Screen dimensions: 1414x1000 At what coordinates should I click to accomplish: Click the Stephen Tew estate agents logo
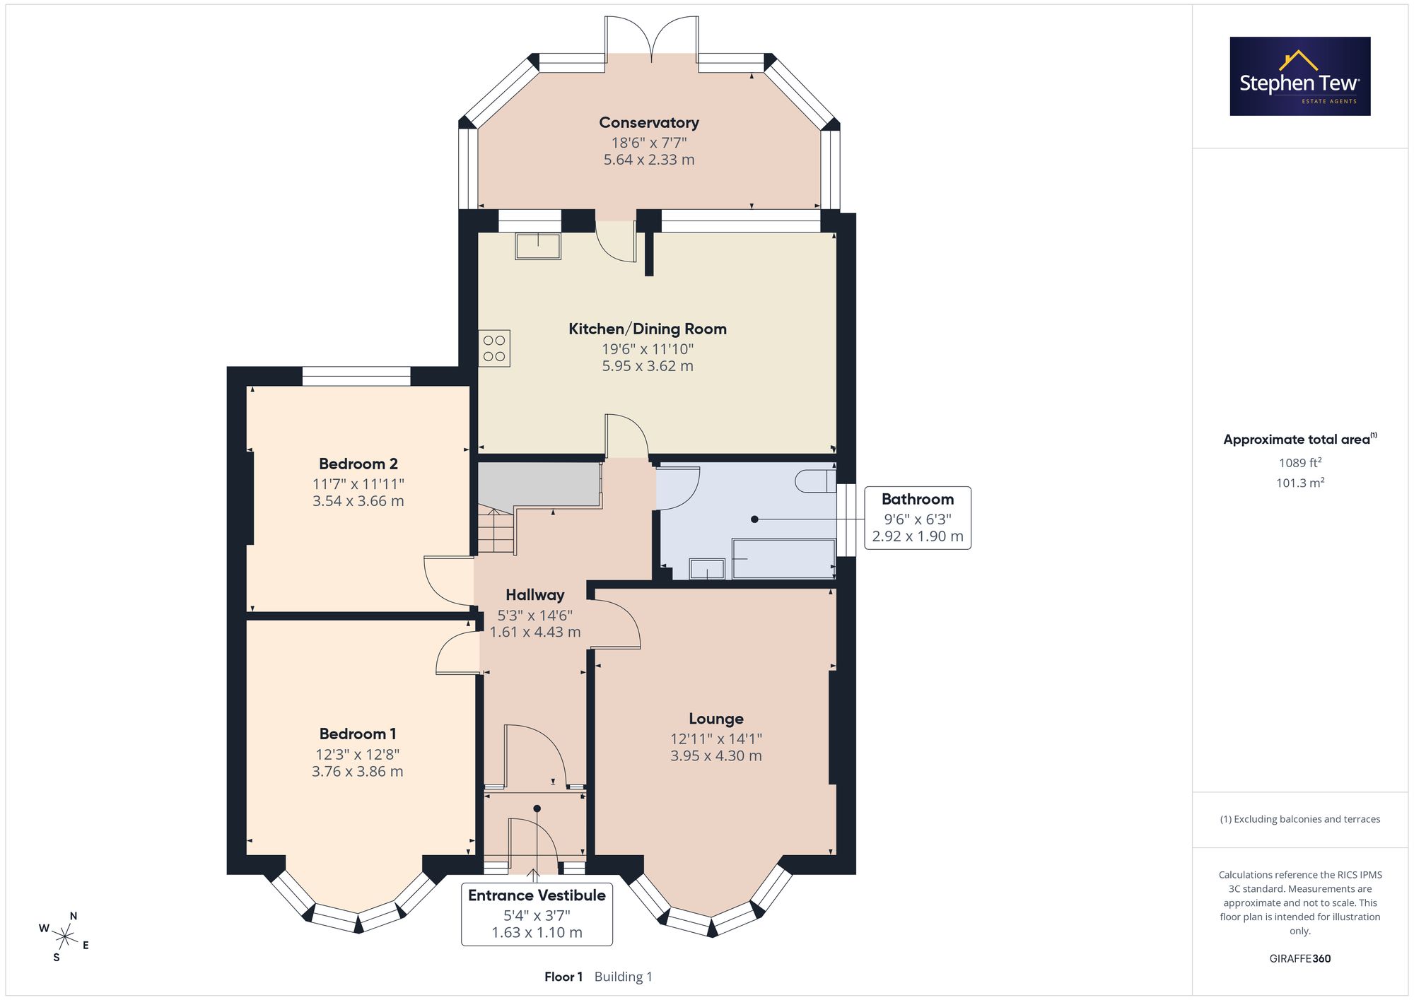(1300, 76)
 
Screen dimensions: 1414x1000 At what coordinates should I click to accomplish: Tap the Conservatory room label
(649, 123)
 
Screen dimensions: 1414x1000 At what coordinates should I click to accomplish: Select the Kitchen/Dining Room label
(648, 329)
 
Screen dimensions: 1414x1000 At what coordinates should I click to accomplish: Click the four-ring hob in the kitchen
(494, 348)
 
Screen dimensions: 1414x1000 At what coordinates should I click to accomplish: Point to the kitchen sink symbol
(538, 246)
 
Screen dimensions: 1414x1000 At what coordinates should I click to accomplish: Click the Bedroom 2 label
(358, 464)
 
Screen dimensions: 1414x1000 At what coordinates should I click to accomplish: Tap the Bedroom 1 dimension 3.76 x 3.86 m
(358, 772)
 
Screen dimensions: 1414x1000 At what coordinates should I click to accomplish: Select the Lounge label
(716, 719)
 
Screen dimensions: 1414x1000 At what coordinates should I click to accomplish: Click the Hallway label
(535, 595)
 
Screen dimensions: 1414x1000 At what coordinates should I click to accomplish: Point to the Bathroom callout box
(918, 518)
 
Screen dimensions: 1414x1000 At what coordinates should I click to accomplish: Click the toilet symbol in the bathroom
(815, 481)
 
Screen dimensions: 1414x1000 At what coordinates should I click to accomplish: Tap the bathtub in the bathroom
(784, 558)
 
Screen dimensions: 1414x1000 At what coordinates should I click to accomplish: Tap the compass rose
(65, 938)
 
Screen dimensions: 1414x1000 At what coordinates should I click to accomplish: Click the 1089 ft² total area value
(1300, 463)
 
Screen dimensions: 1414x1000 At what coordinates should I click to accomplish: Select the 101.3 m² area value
(1300, 483)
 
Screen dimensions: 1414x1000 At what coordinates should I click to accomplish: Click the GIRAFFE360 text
(1300, 959)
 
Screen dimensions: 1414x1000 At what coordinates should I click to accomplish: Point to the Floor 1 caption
(563, 977)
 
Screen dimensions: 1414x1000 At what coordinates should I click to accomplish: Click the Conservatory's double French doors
(652, 36)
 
